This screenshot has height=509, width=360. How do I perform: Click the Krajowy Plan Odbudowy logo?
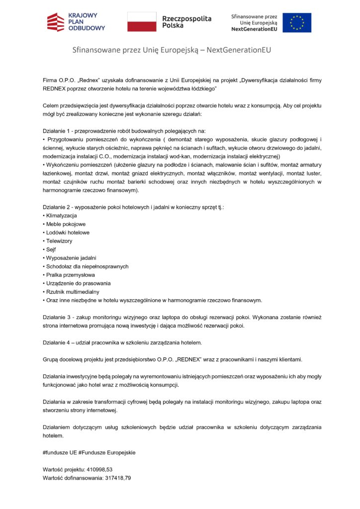[x=76, y=22]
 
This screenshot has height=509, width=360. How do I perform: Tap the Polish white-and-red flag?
[x=142, y=22]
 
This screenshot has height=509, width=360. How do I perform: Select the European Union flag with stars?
[x=297, y=23]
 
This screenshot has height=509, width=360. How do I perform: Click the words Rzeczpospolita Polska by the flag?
[x=186, y=22]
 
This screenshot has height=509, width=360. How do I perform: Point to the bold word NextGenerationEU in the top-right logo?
[x=254, y=29]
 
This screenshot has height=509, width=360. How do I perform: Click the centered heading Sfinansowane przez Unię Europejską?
[x=172, y=50]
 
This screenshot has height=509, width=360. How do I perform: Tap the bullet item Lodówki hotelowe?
[x=68, y=233]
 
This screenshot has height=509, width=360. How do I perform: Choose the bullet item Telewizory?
[x=59, y=241]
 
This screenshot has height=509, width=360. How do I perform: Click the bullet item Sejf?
[x=51, y=250]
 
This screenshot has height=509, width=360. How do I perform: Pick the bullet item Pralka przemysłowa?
[x=70, y=275]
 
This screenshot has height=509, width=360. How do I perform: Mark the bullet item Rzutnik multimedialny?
[x=73, y=292]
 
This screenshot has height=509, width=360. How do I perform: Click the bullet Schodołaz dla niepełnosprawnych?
[x=87, y=266]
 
